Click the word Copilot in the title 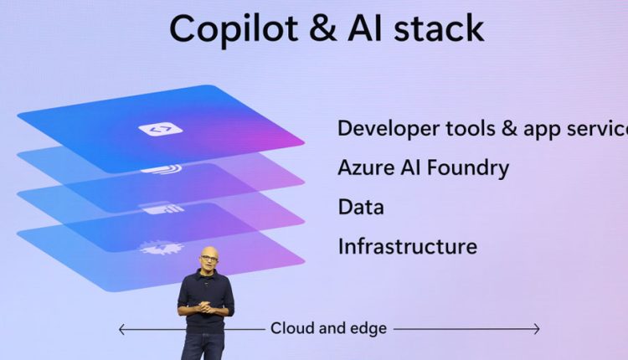tap(234, 29)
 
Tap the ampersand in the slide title tap(323, 28)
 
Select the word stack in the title tap(439, 28)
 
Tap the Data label tap(361, 207)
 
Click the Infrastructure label tap(408, 246)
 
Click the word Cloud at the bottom tap(292, 328)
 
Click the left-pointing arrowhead tap(122, 330)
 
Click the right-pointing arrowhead tap(536, 329)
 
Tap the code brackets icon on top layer tap(161, 129)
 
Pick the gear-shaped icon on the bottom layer tap(161, 248)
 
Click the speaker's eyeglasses tap(209, 259)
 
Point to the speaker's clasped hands tap(207, 307)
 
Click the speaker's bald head tap(209, 253)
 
